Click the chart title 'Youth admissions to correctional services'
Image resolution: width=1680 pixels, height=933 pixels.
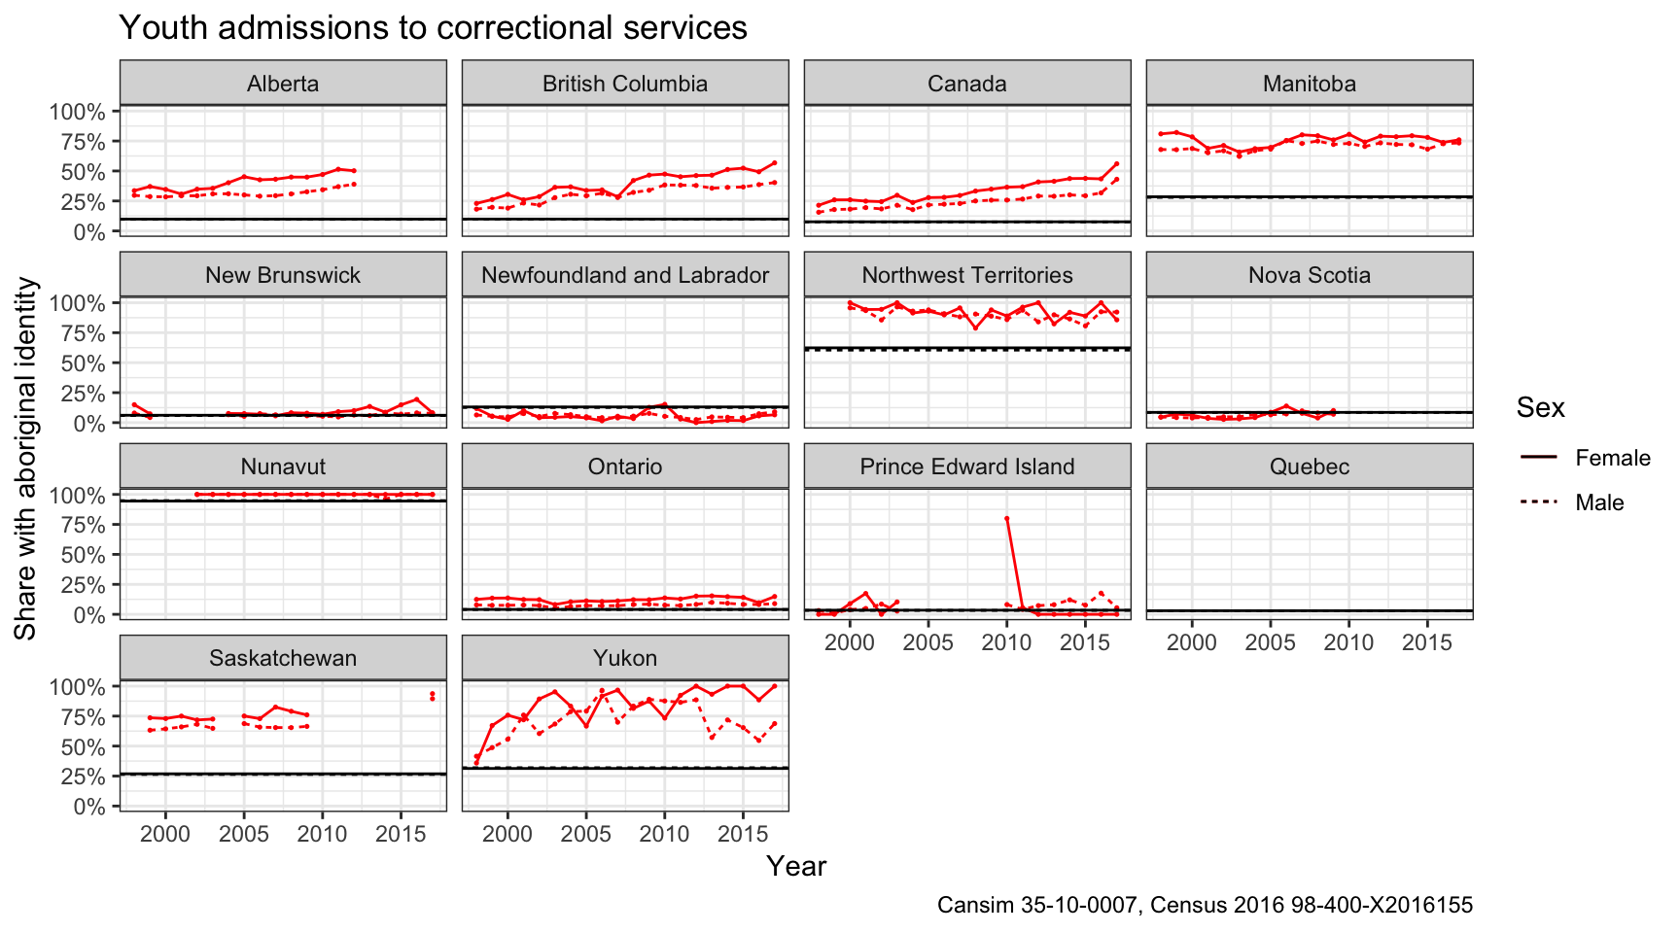(x=433, y=27)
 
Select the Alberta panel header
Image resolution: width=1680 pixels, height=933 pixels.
(x=283, y=84)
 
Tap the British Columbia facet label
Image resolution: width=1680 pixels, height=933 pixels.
(x=625, y=84)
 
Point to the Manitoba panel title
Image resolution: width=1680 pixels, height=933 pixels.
(x=1310, y=84)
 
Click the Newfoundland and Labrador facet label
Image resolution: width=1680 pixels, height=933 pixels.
(x=625, y=275)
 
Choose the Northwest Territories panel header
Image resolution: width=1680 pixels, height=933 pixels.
(x=967, y=275)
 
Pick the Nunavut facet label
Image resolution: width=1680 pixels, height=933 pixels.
(x=283, y=466)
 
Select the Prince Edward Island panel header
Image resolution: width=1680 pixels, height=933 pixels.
(x=967, y=466)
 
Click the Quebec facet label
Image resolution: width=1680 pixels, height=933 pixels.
(x=1310, y=466)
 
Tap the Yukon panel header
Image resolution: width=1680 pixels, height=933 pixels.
(x=625, y=658)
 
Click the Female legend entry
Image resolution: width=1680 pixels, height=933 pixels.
(x=1613, y=458)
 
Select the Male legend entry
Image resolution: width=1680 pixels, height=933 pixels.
(x=1599, y=502)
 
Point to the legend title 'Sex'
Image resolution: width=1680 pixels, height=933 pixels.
(x=1541, y=407)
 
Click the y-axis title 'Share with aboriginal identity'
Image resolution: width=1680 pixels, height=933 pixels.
(x=25, y=458)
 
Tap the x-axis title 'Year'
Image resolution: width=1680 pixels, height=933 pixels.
(x=796, y=866)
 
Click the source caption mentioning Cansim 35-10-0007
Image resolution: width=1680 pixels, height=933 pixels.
(x=1205, y=905)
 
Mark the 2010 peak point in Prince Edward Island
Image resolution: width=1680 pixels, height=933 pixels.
(x=1007, y=518)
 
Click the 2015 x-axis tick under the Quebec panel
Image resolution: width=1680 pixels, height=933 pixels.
(x=1427, y=642)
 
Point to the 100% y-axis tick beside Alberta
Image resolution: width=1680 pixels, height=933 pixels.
(x=77, y=112)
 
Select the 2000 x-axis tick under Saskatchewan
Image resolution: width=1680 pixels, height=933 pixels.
(x=165, y=834)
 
